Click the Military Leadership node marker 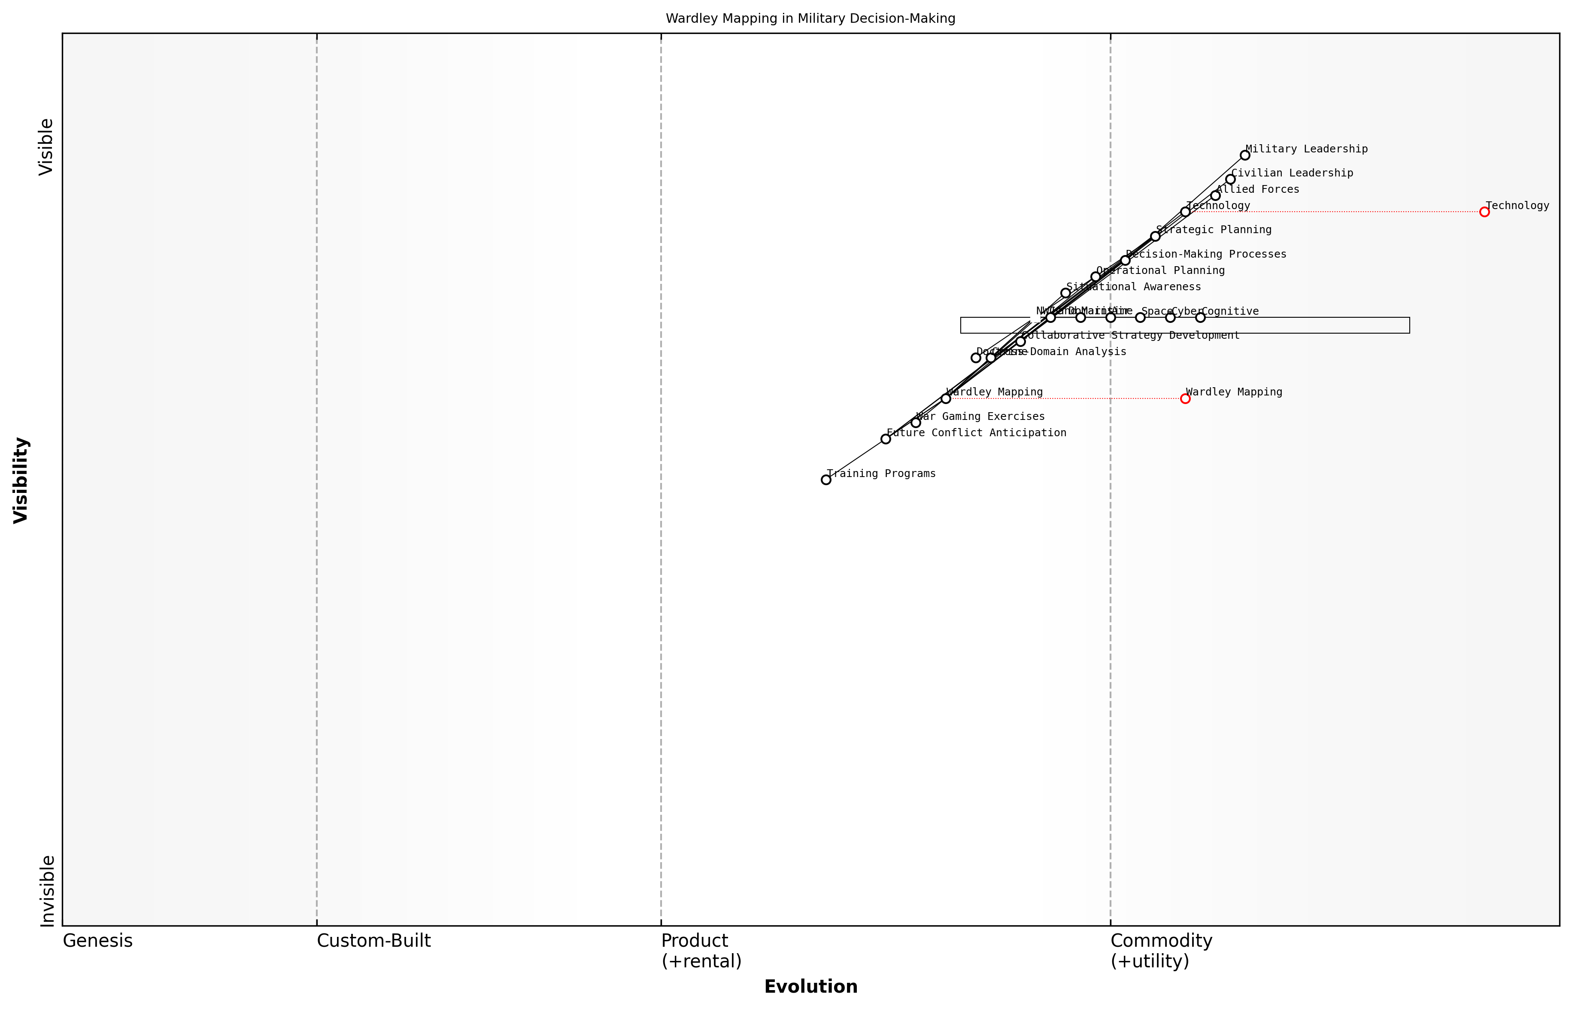pyautogui.click(x=1244, y=155)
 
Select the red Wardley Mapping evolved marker pyautogui.click(x=1185, y=398)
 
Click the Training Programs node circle pyautogui.click(x=826, y=480)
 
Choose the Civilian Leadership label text pyautogui.click(x=1292, y=173)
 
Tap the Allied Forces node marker pyautogui.click(x=1215, y=195)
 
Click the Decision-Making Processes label pyautogui.click(x=1206, y=254)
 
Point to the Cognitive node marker pyautogui.click(x=1200, y=317)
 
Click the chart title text pyautogui.click(x=810, y=18)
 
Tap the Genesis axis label pyautogui.click(x=97, y=941)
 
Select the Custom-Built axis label pyautogui.click(x=373, y=941)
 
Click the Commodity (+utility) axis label pyautogui.click(x=1161, y=951)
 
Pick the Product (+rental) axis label pyautogui.click(x=701, y=951)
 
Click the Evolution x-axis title pyautogui.click(x=810, y=987)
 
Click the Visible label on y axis pyautogui.click(x=46, y=147)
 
